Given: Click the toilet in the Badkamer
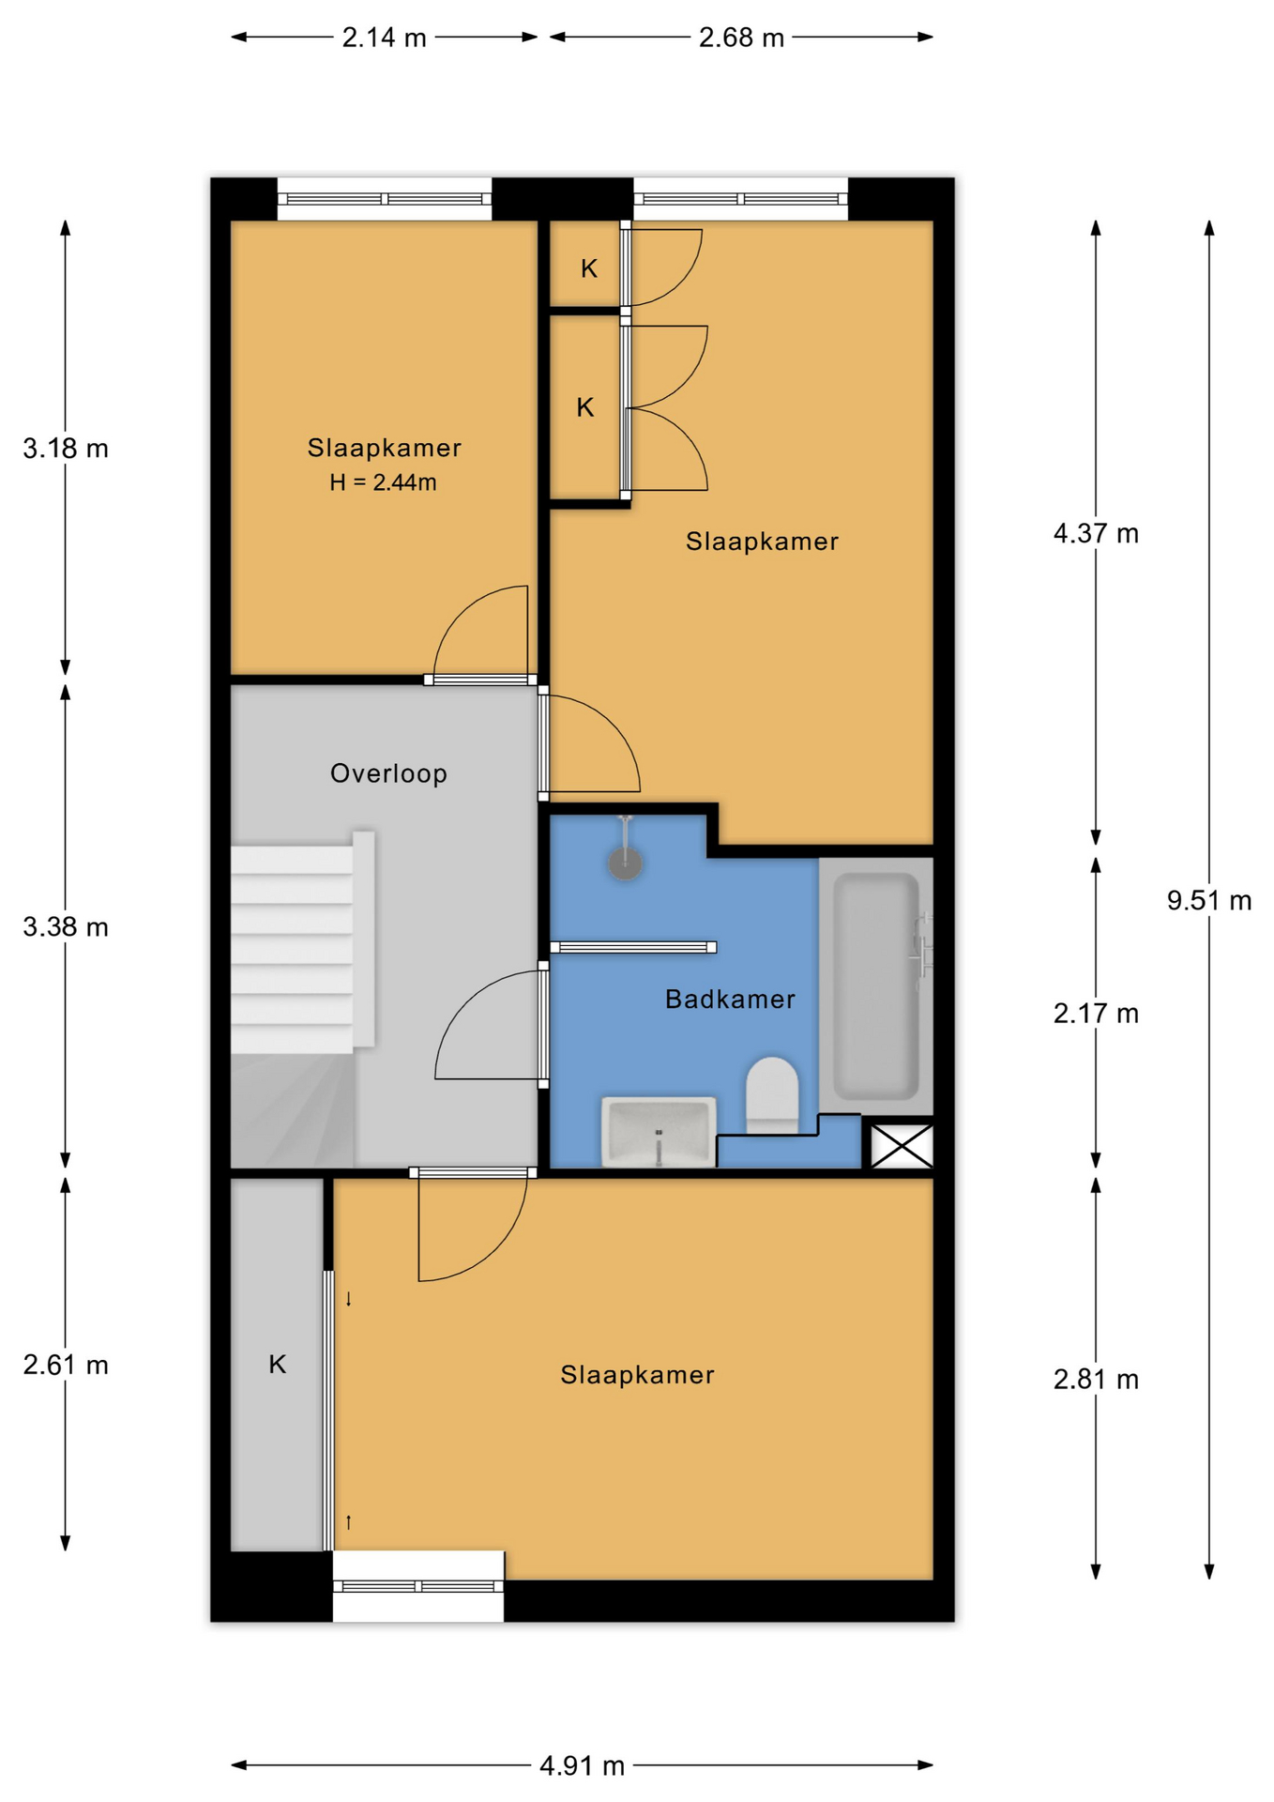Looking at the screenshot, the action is click(x=772, y=1095).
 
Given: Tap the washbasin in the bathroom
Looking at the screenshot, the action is click(x=659, y=1131).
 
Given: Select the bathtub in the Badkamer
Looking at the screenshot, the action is click(x=876, y=985).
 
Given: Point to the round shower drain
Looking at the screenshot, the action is click(x=626, y=863).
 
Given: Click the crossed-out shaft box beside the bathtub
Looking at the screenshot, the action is click(x=902, y=1146).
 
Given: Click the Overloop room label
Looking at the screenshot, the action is click(x=388, y=773).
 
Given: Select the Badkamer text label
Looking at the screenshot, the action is click(x=730, y=999).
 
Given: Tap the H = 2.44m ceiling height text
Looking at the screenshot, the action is click(x=383, y=482).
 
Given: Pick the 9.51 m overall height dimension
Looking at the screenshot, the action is click(x=1209, y=900).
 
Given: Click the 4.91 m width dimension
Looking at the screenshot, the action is click(x=582, y=1765).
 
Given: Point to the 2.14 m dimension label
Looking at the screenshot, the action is click(x=384, y=38).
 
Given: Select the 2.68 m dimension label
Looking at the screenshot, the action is click(x=741, y=38).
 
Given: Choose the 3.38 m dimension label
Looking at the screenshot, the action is click(x=66, y=927).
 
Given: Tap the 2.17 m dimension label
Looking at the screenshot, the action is click(x=1096, y=1014).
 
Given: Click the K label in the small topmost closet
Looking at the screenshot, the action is click(x=589, y=268).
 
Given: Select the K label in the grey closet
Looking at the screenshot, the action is click(x=278, y=1364).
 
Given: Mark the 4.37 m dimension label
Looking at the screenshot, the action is click(x=1096, y=533).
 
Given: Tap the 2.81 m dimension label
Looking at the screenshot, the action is click(x=1096, y=1379).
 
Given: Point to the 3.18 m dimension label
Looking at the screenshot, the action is click(x=66, y=449).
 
